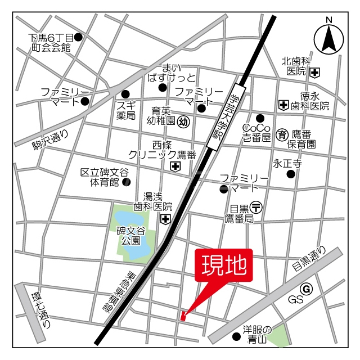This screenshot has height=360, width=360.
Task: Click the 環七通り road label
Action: click(42, 309)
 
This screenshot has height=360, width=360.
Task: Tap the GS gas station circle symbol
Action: click(306, 289)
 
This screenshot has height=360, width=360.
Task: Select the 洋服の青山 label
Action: click(257, 335)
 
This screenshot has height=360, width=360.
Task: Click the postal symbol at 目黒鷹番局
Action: click(256, 206)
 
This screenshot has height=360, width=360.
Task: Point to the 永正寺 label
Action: click(287, 164)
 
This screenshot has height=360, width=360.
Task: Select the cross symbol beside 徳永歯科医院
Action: click(283, 104)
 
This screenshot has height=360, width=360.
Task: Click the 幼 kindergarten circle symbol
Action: click(183, 120)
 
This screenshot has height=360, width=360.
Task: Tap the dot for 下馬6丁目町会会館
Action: click(78, 37)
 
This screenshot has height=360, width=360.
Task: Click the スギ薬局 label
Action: click(126, 110)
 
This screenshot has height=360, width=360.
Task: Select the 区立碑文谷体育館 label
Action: click(104, 177)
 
